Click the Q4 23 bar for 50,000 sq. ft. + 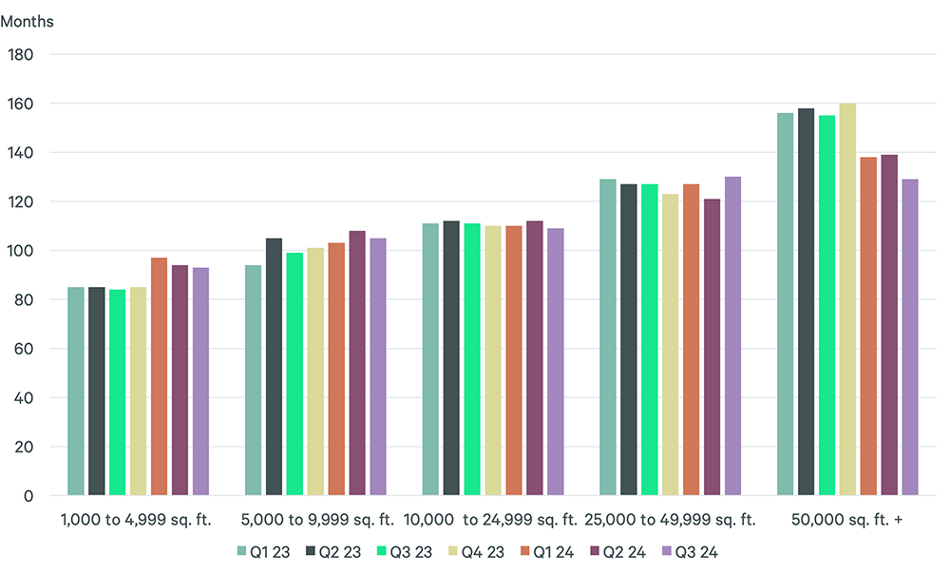point(847,299)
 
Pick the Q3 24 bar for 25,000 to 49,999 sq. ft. point(732,336)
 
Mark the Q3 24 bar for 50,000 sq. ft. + point(910,337)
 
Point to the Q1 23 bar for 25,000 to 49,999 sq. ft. point(608,337)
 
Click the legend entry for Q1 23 point(263,551)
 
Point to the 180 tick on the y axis point(21,54)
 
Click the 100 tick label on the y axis point(21,251)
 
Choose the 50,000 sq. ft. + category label point(847,520)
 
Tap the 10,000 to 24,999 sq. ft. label point(491,520)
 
